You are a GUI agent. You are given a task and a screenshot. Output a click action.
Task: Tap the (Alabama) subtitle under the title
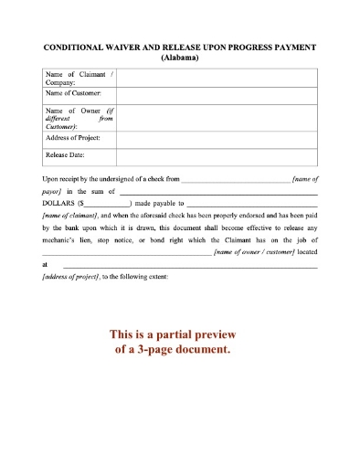point(179,56)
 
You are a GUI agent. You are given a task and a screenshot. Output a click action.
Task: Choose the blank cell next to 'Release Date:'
point(216,156)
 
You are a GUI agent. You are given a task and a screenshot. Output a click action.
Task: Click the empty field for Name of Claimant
point(216,78)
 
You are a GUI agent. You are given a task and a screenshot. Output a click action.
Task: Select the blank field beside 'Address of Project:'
point(216,138)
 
